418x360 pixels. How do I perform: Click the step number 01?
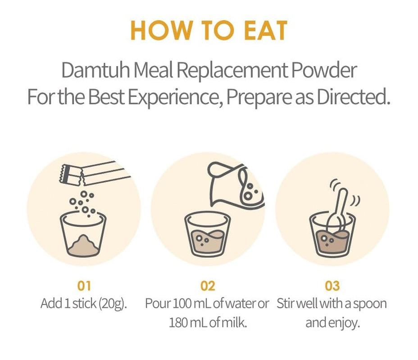[84, 286]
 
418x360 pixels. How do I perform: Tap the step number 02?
[208, 286]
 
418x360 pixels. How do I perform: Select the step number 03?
[332, 286]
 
